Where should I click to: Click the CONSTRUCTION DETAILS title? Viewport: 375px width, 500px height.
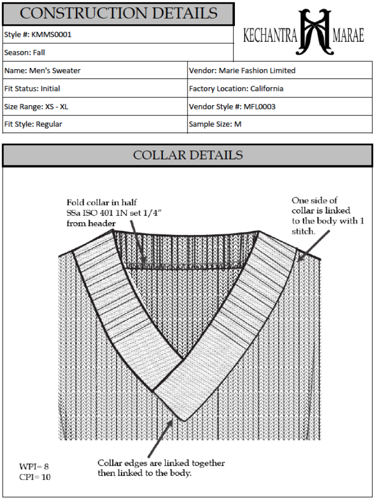point(118,13)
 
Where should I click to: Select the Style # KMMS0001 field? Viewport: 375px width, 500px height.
point(38,35)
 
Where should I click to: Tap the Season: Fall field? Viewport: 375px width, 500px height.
point(25,53)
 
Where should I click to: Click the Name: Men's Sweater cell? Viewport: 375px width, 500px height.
point(42,71)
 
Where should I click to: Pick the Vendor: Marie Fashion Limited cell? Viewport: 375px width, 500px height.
point(242,71)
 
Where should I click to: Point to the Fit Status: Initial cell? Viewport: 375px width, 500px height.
point(32,89)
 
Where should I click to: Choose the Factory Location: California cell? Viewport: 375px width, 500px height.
point(236,89)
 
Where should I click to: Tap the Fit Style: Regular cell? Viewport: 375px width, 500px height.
point(33,124)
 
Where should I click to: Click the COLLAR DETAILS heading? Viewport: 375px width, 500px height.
point(187,155)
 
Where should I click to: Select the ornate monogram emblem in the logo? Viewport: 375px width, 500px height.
point(314,32)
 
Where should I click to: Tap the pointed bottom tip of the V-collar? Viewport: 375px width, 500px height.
point(183,420)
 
